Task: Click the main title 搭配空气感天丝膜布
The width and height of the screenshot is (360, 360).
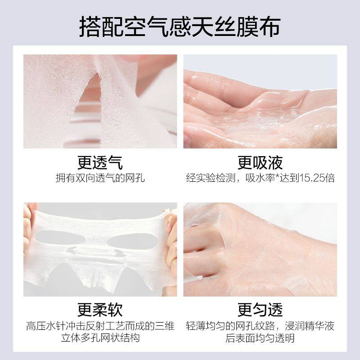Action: coord(180,27)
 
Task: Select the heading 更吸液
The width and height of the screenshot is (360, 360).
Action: coord(260,162)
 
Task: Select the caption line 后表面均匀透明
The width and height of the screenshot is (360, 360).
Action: coord(260,338)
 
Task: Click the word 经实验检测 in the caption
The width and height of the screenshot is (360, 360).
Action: coord(207,178)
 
